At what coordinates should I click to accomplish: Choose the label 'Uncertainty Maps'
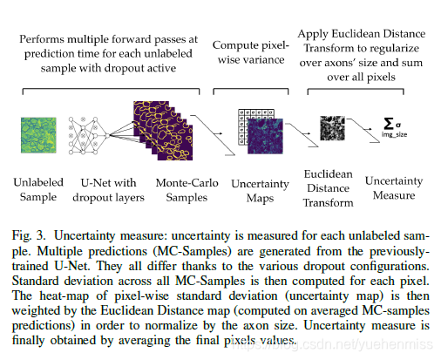pyautogui.click(x=259, y=191)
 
